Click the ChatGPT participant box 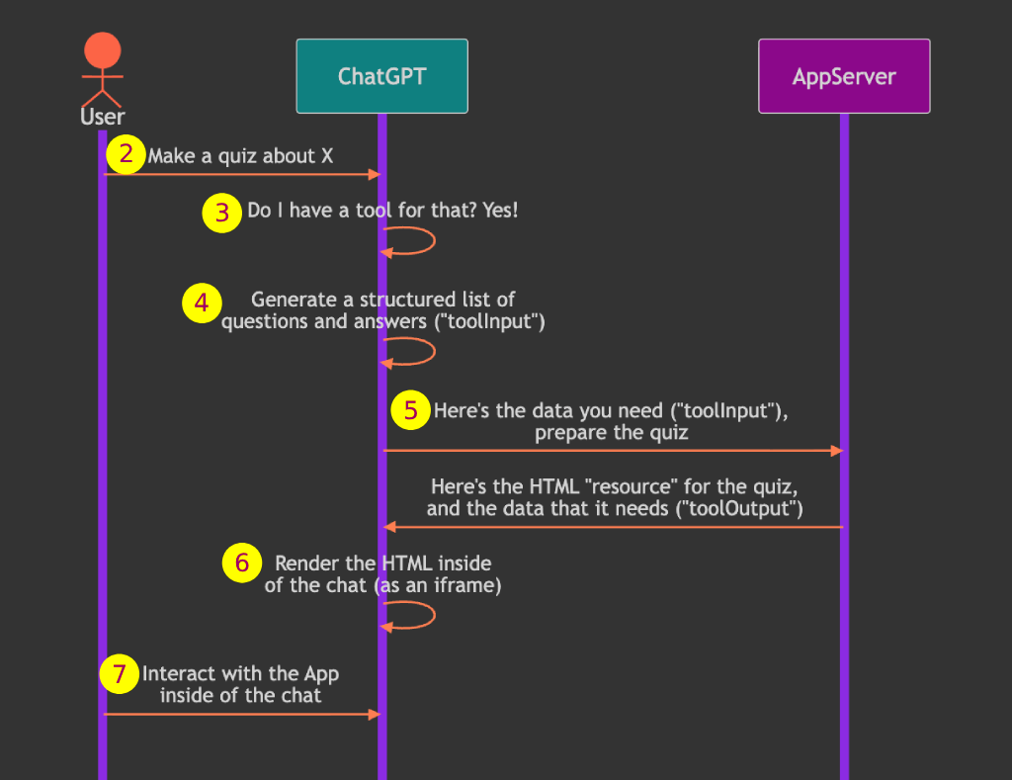(x=381, y=76)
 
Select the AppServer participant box (x=844, y=76)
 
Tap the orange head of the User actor (x=102, y=51)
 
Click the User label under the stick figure (x=102, y=118)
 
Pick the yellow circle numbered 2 (x=126, y=154)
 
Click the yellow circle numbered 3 (x=222, y=212)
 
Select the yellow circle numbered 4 (x=202, y=303)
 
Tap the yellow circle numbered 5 (x=411, y=409)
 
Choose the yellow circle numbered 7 (x=120, y=674)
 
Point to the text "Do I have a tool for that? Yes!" (x=382, y=211)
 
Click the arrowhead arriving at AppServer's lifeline (x=836, y=451)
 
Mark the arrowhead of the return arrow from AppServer (x=389, y=527)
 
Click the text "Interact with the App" (x=240, y=674)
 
